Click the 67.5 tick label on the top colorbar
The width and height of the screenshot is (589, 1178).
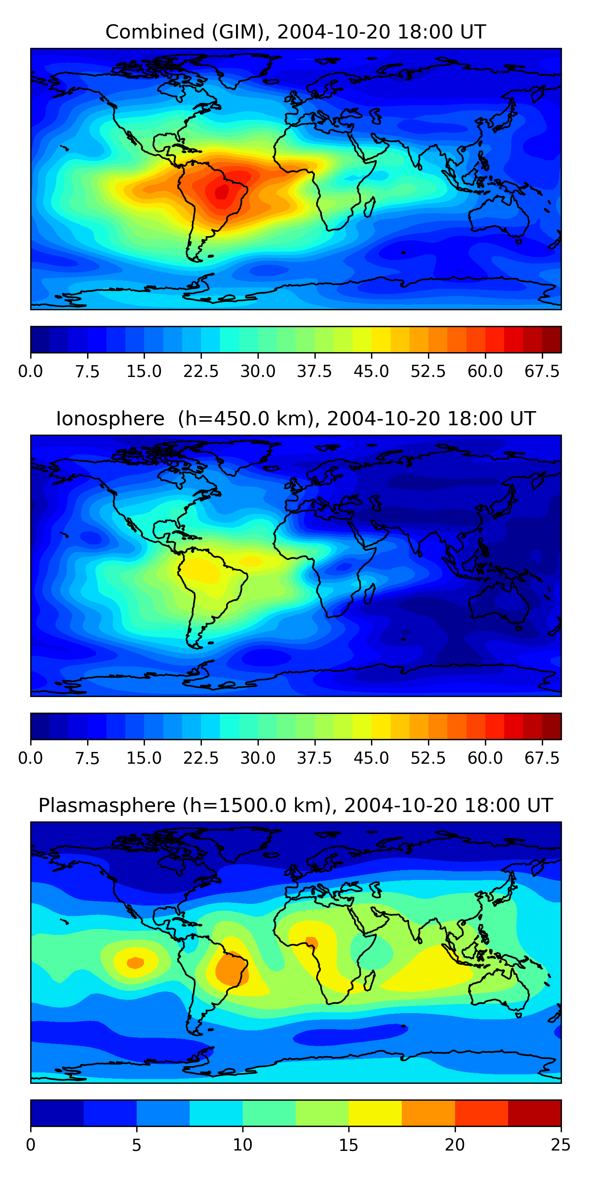pos(542,371)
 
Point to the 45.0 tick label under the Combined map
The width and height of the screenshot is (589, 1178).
pos(371,371)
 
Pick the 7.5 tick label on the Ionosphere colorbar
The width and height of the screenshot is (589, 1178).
pos(87,758)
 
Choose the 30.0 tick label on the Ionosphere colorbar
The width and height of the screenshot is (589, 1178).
pos(258,758)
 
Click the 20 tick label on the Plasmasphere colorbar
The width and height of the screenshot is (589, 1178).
pos(455,1145)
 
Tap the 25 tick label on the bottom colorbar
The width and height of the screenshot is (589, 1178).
pos(561,1145)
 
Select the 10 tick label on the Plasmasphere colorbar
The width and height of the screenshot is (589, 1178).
pos(242,1145)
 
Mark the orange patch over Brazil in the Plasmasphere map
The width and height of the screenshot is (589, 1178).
pos(232,970)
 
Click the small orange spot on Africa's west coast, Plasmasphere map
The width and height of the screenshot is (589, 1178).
pos(312,942)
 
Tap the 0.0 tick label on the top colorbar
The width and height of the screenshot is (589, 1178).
pos(31,371)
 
